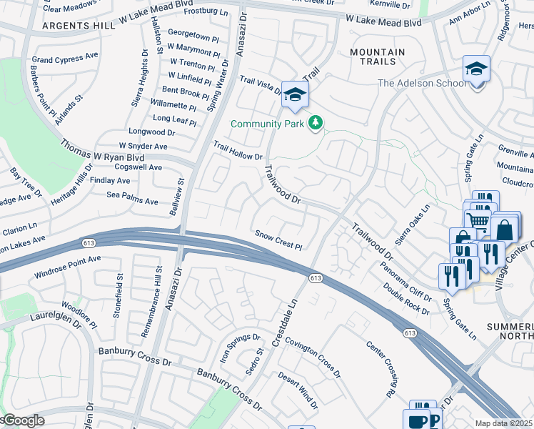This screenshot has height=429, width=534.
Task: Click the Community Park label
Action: [268, 124]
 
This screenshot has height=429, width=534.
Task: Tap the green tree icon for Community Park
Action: [316, 124]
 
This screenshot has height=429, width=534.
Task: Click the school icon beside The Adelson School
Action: [476, 70]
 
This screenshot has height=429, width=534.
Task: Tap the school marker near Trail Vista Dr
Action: [295, 95]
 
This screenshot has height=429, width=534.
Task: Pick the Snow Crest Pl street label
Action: [279, 240]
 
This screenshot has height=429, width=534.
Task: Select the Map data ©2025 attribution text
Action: [504, 423]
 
